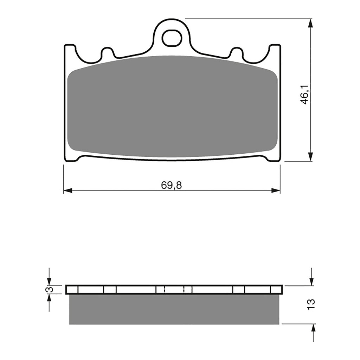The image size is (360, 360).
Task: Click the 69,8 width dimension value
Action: [x=172, y=185]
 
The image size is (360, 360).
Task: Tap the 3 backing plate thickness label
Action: [x=50, y=289]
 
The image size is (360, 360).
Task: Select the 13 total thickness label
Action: [x=310, y=304]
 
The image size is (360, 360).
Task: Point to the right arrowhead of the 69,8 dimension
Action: [x=276, y=191]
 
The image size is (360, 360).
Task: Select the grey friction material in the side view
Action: [x=175, y=309]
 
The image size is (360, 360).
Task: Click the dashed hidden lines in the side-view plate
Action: [x=174, y=289]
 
